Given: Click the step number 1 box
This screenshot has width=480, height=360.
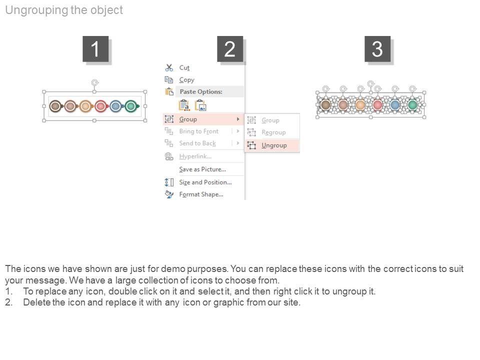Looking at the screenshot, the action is (95, 49).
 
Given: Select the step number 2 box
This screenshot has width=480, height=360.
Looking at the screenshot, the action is (230, 49).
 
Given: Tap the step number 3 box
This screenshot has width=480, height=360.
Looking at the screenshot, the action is (377, 49).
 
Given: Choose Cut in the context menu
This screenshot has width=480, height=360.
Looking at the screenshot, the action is (184, 67).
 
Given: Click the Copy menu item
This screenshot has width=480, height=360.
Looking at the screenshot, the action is (186, 80).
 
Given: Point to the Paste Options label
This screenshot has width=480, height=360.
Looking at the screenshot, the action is (201, 92).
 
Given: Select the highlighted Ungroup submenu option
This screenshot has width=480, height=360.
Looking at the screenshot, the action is (274, 145).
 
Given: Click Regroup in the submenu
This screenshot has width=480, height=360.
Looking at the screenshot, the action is (273, 132).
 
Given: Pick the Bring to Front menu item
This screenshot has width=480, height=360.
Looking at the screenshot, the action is (198, 131).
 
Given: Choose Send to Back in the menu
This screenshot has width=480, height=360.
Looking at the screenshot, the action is (197, 143).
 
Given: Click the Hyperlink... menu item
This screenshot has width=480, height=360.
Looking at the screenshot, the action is (195, 156).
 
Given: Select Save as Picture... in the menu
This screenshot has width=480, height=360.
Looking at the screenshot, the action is (202, 169).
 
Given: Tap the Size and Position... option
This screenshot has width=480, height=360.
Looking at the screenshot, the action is (205, 182).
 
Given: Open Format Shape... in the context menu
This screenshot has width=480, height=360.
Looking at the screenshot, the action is (201, 194).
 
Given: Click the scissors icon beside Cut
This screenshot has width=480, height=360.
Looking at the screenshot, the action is (169, 67).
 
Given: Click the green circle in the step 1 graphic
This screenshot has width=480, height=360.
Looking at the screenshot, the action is (131, 106).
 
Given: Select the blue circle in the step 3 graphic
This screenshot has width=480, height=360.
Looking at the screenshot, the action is (395, 105).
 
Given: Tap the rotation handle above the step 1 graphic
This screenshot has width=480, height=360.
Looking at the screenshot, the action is (94, 82).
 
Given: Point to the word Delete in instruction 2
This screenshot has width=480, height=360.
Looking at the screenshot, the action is (36, 302).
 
